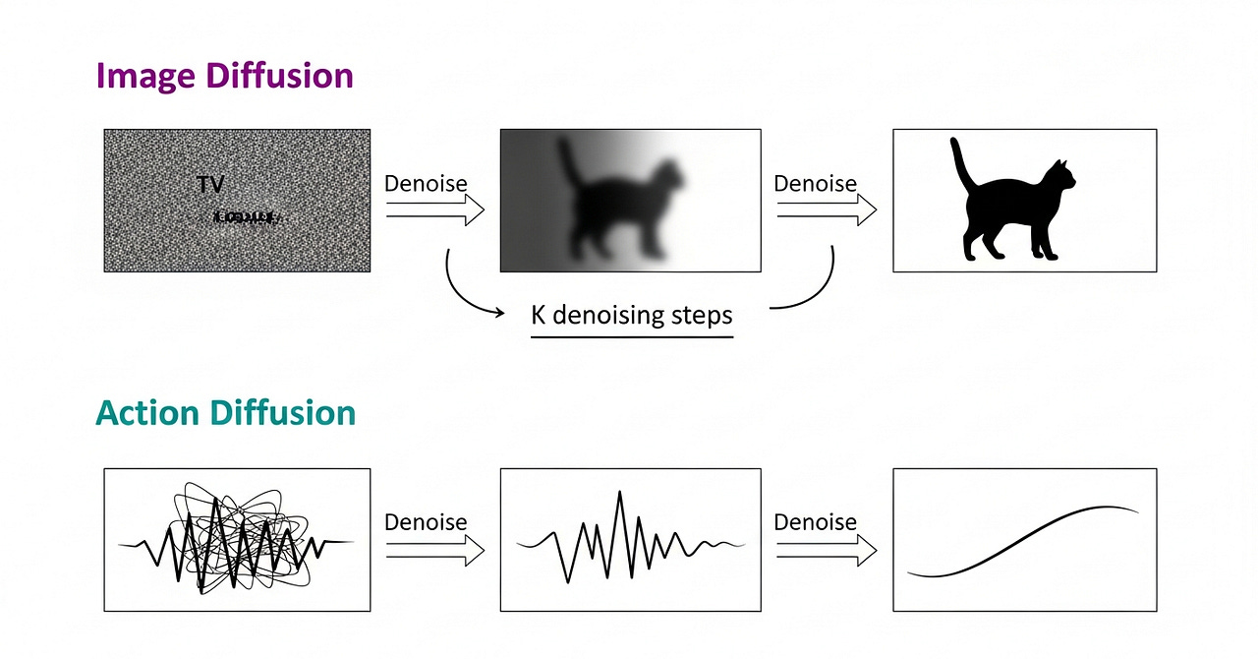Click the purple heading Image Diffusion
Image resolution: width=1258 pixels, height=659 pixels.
(x=224, y=76)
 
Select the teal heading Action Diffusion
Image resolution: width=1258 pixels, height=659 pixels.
(x=225, y=413)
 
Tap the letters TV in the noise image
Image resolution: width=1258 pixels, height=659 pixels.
(x=210, y=184)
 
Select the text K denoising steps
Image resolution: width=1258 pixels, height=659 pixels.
(x=631, y=316)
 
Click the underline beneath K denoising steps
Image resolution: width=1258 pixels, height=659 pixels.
(x=631, y=337)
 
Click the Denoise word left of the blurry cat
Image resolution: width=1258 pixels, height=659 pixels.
(x=426, y=184)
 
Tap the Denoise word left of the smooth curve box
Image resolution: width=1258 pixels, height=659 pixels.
(x=815, y=522)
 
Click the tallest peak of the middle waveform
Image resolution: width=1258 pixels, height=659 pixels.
(x=619, y=493)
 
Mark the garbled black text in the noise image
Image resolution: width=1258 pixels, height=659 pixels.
(x=245, y=215)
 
